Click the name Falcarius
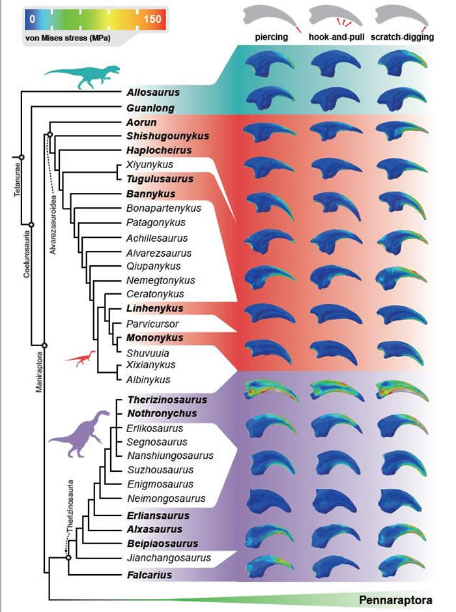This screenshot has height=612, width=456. coord(149,575)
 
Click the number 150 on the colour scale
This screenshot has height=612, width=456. coord(152,19)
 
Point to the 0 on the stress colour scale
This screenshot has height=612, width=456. coord(31,19)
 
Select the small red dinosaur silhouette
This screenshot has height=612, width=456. coord(82,357)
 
